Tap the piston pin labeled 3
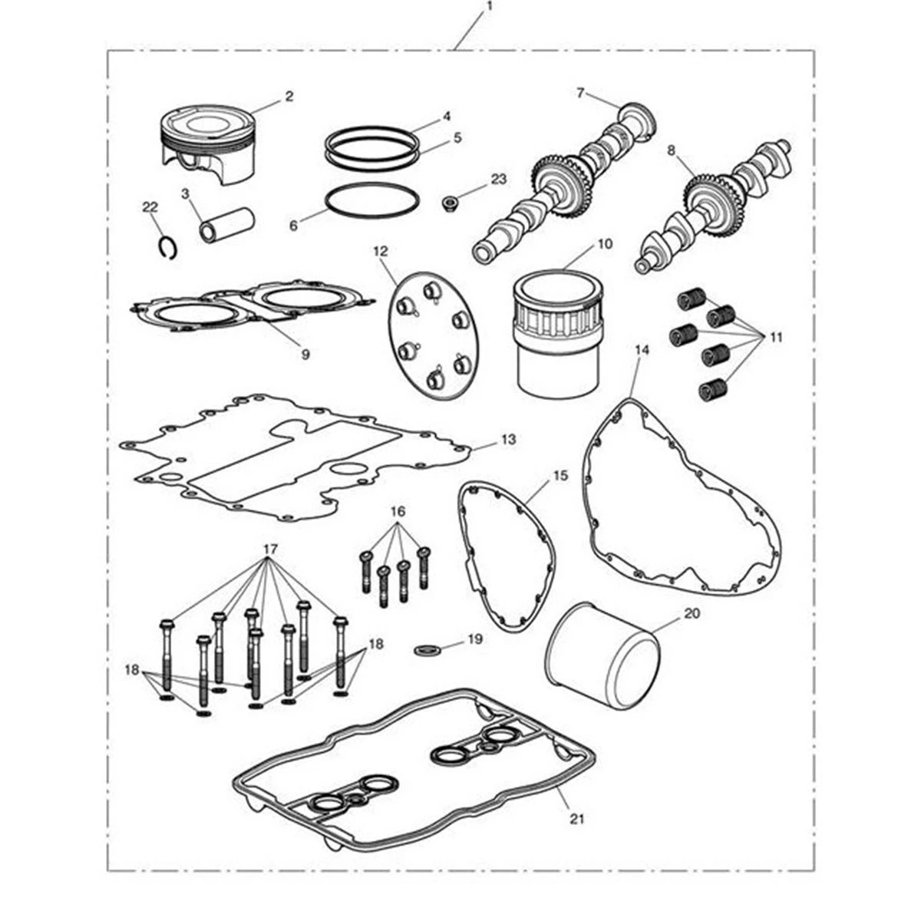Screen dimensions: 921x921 (227, 224)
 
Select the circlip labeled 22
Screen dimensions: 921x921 (168, 247)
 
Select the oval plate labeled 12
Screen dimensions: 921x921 (433, 335)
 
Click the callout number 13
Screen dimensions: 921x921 (509, 439)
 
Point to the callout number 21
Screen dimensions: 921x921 (578, 818)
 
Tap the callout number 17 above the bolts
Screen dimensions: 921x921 (270, 550)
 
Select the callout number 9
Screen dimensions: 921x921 (305, 355)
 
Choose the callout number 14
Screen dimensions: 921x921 (642, 350)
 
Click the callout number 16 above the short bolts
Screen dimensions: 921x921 (398, 512)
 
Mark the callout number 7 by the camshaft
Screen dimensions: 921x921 (580, 93)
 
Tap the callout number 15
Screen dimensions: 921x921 (561, 476)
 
